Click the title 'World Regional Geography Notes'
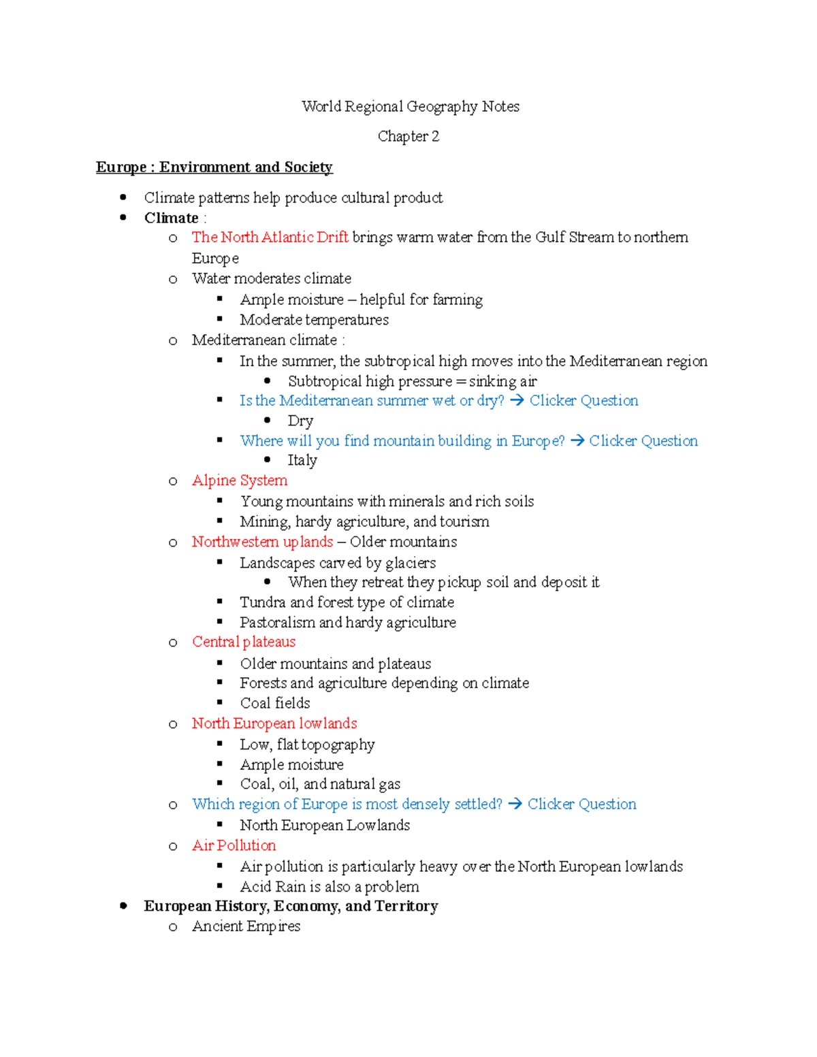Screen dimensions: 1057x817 410,107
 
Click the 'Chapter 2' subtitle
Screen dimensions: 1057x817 408,137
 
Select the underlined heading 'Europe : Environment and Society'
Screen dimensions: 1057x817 214,167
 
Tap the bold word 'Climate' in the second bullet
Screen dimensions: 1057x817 171,218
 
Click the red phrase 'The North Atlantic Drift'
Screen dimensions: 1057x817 270,238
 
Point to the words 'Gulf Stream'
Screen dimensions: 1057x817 574,238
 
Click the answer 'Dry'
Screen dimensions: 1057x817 300,421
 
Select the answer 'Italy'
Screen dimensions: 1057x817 302,461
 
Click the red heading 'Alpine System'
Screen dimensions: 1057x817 240,481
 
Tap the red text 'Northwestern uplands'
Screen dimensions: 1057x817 262,542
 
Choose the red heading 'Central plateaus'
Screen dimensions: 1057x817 244,642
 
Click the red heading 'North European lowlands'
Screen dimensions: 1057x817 274,723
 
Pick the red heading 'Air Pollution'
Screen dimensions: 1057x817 234,845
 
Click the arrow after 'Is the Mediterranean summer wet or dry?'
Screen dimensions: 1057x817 517,401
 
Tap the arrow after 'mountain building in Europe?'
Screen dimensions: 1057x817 577,441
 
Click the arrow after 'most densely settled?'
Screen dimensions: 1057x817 515,804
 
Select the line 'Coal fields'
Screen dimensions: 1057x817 275,703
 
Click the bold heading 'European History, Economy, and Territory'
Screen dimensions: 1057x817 291,907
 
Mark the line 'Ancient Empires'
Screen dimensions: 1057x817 246,926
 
